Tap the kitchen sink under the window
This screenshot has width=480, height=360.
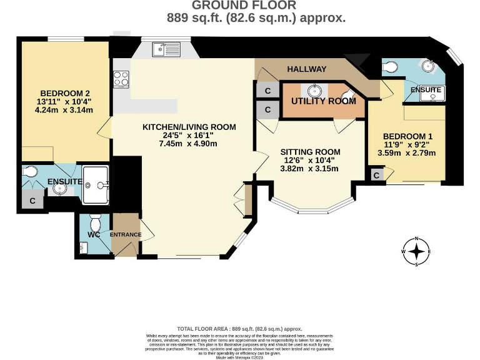[x=164, y=49]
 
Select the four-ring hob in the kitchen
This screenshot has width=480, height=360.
[x=121, y=79]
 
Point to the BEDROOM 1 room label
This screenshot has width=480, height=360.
[x=407, y=136]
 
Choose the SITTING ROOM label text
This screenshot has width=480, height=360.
[x=310, y=152]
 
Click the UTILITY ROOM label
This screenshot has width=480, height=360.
[x=324, y=101]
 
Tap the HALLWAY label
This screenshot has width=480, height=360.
[x=307, y=69]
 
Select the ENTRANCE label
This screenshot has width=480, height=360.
[x=126, y=235]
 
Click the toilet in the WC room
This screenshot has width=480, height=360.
[x=96, y=222]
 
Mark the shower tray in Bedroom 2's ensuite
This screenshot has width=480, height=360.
[x=97, y=184]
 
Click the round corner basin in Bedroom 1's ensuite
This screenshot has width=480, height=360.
[x=430, y=66]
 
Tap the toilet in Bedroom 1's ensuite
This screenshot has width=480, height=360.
[x=390, y=66]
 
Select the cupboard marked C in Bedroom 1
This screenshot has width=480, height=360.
[x=376, y=176]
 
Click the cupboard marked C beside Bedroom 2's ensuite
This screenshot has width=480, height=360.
[x=32, y=201]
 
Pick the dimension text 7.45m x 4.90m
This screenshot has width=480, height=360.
[x=179, y=144]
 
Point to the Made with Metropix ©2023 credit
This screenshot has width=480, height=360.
[x=240, y=357]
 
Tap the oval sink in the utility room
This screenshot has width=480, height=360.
[x=310, y=90]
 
